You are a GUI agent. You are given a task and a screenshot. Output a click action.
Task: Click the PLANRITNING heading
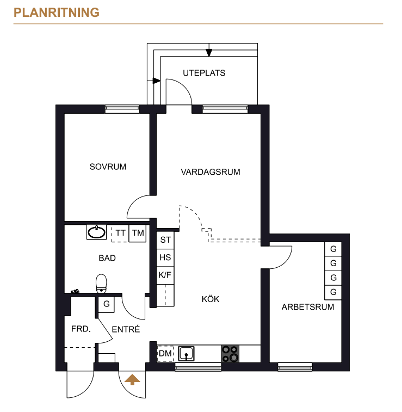tap(57, 13)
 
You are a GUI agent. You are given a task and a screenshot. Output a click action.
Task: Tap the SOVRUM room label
tap(108, 167)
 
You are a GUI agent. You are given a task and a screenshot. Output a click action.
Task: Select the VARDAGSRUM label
tap(211, 172)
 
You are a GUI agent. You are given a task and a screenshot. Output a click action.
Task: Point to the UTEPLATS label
tap(204, 73)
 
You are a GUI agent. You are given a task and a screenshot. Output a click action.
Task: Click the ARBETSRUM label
tap(308, 307)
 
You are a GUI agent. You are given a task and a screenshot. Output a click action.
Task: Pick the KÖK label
tap(211, 299)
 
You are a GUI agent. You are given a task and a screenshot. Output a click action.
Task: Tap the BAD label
tap(107, 258)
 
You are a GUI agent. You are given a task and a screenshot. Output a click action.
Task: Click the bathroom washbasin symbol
tap(97, 232)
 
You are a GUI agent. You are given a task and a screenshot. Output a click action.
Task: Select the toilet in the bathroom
tap(101, 284)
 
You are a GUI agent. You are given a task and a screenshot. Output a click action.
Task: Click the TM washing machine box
tap(138, 233)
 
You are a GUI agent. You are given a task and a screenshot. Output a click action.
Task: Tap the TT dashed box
tap(120, 233)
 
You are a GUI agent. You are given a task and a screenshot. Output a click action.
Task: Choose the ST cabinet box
tap(165, 240)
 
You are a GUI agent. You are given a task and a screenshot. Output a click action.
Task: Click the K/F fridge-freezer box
tap(165, 275)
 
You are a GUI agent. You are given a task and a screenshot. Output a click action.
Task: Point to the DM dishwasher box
tap(165, 353)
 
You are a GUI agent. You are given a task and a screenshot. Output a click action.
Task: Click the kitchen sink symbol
tap(186, 353)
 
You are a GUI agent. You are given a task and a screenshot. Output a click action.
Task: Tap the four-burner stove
tap(230, 354)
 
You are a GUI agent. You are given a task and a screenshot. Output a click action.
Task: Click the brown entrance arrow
tap(132, 380)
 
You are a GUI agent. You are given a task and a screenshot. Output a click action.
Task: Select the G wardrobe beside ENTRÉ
tap(106, 304)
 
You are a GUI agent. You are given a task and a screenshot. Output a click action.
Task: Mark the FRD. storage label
tap(81, 329)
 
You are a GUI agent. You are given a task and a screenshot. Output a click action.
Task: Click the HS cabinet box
tap(165, 257)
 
